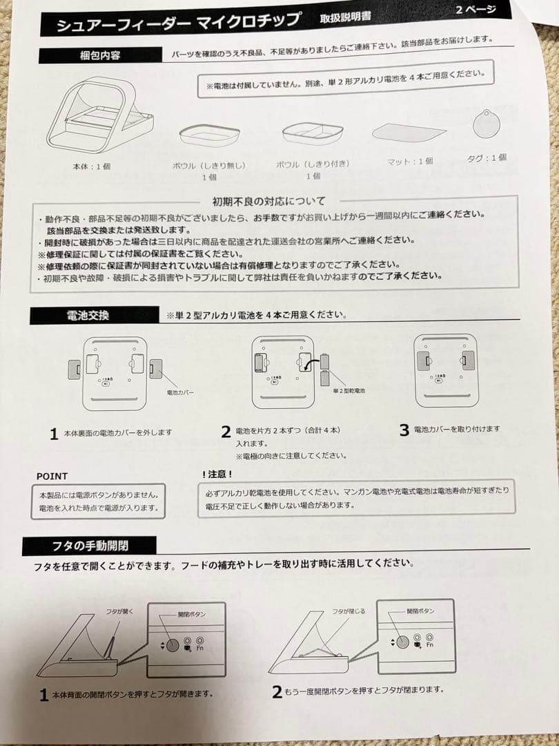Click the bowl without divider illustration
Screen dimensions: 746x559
[x=209, y=133]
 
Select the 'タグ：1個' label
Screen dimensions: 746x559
[x=487, y=157]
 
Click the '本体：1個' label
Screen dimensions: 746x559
[x=91, y=167]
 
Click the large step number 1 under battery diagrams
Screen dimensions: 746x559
[x=53, y=434]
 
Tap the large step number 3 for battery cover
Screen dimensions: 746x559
[x=404, y=430]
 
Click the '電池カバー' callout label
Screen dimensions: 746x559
[x=181, y=391]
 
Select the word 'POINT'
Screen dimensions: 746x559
[x=52, y=476]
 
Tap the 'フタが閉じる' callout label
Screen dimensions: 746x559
[x=349, y=611]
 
